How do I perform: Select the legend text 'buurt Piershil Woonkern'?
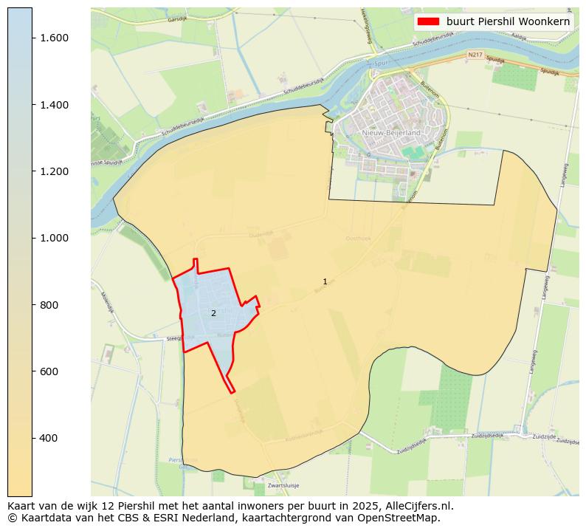[508, 21]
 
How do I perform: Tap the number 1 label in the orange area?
[325, 282]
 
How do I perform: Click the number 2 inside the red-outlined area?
[213, 313]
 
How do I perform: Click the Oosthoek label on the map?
[358, 239]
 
